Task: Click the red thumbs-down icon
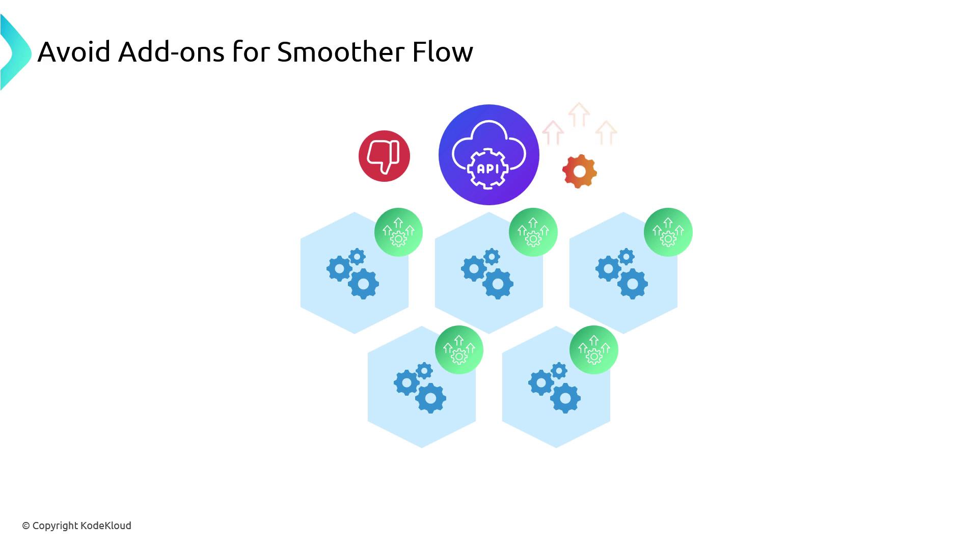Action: pyautogui.click(x=384, y=156)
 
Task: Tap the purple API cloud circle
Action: pyautogui.click(x=488, y=155)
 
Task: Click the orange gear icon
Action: pyautogui.click(x=580, y=172)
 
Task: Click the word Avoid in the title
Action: pyautogui.click(x=74, y=51)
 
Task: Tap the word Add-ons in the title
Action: pyautogui.click(x=171, y=51)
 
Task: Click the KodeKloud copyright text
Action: pyautogui.click(x=76, y=526)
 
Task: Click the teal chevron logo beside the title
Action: pyautogui.click(x=15, y=52)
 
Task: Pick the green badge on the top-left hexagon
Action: pyautogui.click(x=398, y=232)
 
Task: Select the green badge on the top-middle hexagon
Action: pyautogui.click(x=533, y=232)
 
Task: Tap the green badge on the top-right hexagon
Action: pyautogui.click(x=668, y=232)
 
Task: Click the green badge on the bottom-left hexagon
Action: pyautogui.click(x=459, y=350)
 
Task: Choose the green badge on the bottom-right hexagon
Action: pyautogui.click(x=594, y=350)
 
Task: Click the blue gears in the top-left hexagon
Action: pyautogui.click(x=352, y=274)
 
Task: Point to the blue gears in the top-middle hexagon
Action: pyautogui.click(x=487, y=274)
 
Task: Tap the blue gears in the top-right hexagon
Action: pyautogui.click(x=621, y=274)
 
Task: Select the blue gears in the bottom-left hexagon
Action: pyautogui.click(x=420, y=388)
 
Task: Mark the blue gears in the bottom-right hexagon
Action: pyautogui.click(x=554, y=388)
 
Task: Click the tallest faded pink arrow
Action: pyautogui.click(x=579, y=115)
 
